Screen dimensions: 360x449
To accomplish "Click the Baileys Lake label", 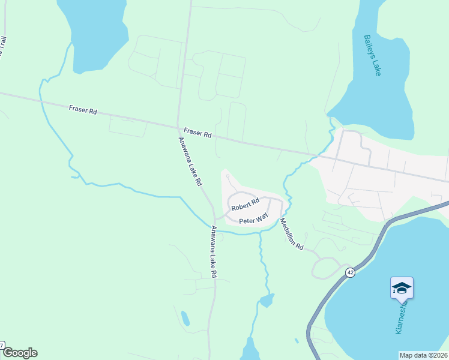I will click(x=373, y=55).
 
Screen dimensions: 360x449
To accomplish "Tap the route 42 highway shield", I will click(x=349, y=272).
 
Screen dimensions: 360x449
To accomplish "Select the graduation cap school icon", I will click(x=401, y=289).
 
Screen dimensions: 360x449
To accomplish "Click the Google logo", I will click(x=19, y=353).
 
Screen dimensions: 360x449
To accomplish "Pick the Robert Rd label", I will click(x=245, y=204).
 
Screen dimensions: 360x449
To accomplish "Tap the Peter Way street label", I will click(x=253, y=220).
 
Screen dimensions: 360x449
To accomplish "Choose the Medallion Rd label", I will click(x=292, y=234).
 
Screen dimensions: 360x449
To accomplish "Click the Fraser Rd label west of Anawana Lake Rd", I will click(x=83, y=110).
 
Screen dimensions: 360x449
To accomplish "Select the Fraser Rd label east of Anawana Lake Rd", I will click(x=197, y=133).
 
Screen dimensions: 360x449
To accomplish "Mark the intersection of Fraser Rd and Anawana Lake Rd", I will click(x=179, y=127).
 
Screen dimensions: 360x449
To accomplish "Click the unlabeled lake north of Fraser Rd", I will click(x=96, y=30).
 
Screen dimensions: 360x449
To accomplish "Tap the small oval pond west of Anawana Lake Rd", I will click(x=185, y=318).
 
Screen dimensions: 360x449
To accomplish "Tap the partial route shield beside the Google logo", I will click(x=2, y=346).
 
